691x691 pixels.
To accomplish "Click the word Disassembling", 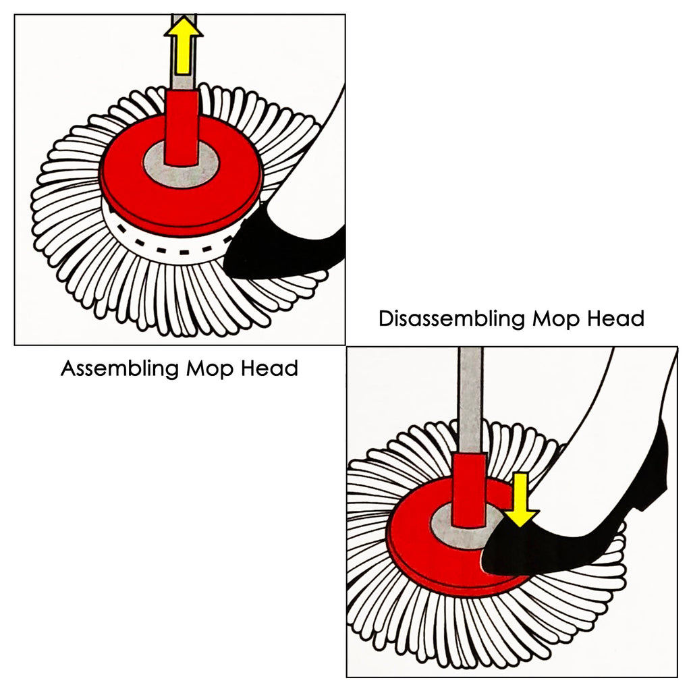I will coord(451,318).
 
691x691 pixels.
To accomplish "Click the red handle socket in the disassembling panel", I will coord(468,489).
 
